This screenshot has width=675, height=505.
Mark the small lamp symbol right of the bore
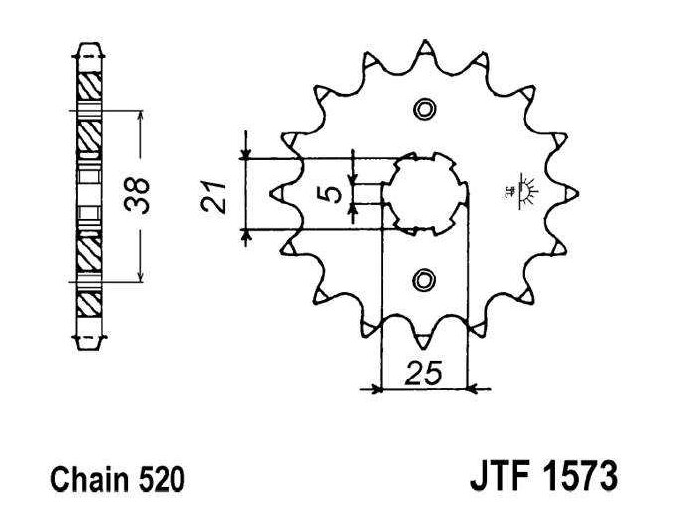[x=523, y=191]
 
